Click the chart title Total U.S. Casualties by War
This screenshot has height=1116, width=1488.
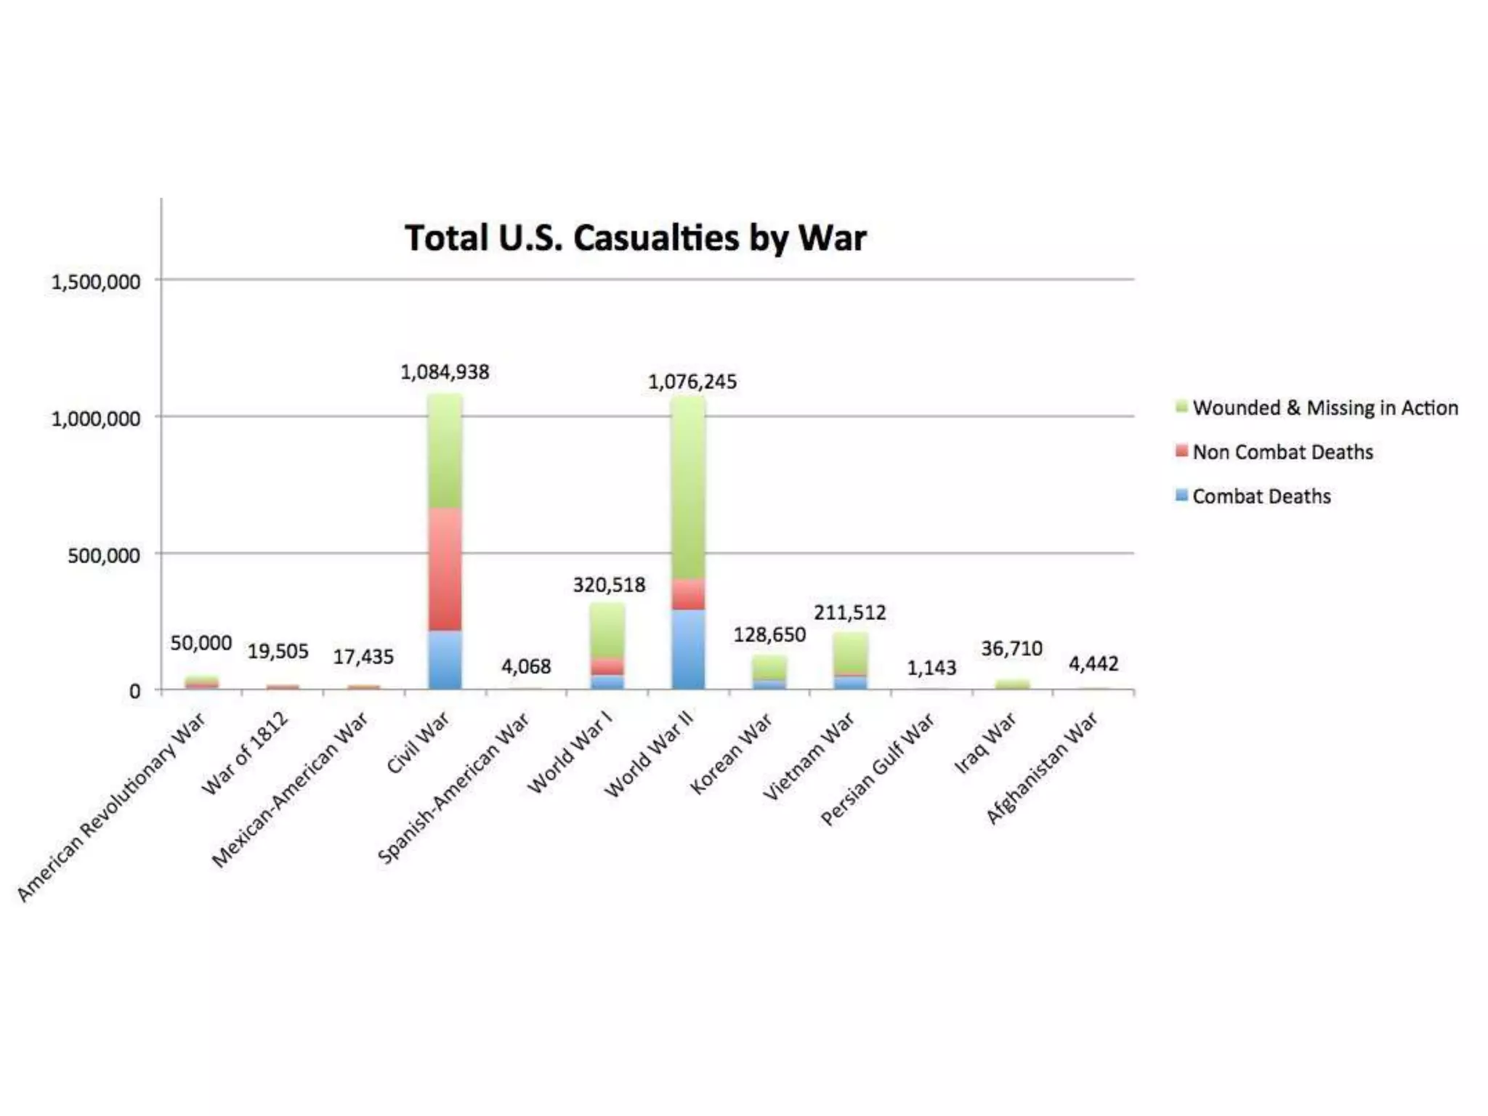635,238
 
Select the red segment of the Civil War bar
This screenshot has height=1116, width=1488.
445,568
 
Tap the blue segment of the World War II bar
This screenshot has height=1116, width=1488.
687,649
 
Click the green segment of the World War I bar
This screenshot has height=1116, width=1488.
607,630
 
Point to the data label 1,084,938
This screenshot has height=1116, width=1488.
445,372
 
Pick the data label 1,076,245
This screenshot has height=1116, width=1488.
692,381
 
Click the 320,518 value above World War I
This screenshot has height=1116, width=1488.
609,585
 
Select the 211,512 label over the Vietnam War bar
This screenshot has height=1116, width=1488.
849,612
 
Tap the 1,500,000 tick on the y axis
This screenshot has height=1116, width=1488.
95,282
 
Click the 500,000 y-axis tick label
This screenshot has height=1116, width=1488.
103,556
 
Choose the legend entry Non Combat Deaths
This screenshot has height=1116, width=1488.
1282,452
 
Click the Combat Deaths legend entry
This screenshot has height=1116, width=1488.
1261,496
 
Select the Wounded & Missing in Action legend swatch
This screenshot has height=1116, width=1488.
1181,407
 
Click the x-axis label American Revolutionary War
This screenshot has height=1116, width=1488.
111,808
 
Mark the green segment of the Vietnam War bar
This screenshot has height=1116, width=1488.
850,652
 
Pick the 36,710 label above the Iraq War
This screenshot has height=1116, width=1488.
1011,648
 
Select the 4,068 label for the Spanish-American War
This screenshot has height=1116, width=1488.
526,666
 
